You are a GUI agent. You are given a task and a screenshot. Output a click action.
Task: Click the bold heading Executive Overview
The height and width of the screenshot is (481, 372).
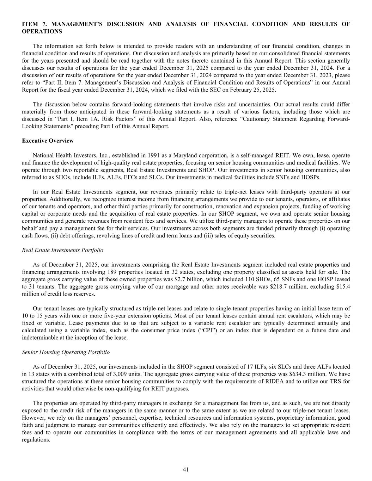pos(48,141)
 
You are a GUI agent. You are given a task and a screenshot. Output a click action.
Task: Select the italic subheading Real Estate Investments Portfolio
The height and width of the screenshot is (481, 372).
pos(62,250)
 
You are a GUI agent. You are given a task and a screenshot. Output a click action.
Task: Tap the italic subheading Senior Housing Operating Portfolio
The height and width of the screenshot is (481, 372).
pos(66,352)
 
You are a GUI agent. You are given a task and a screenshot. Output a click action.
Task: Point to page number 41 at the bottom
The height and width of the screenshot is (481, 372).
pos(186,469)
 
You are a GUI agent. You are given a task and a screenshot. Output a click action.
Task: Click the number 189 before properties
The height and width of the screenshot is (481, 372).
pos(171,272)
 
